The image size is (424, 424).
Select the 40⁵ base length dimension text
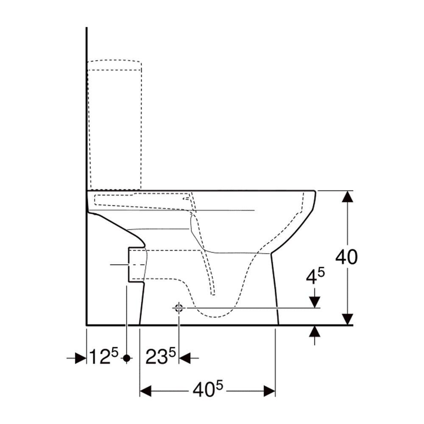(x=208, y=389)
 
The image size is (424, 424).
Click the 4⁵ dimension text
(x=315, y=276)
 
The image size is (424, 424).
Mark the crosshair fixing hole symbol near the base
(x=179, y=308)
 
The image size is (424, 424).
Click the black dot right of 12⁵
(x=126, y=358)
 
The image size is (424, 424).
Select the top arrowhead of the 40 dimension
(x=348, y=196)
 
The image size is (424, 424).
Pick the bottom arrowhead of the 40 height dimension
(x=348, y=319)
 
